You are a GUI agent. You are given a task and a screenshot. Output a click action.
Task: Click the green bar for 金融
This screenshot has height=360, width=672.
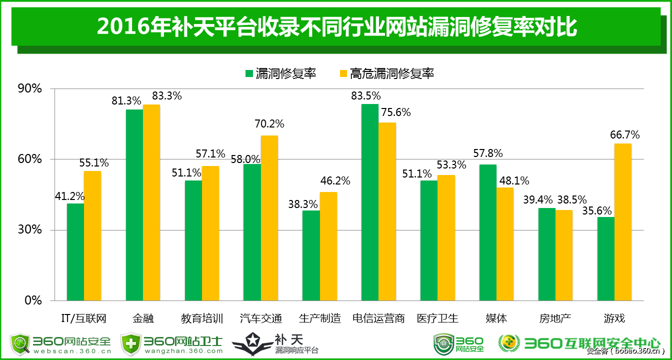134,205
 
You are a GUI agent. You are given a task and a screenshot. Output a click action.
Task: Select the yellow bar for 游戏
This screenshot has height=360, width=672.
623,222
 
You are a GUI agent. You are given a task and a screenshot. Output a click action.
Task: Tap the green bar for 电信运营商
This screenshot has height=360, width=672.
369,202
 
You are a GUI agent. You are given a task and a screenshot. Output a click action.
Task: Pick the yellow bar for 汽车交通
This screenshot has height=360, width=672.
269,218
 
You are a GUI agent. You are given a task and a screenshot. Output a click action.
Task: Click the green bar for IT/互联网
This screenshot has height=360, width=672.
75,252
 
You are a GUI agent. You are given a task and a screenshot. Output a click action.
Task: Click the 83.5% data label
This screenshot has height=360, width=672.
366,95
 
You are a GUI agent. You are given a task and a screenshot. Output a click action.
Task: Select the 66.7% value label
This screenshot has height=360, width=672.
624,135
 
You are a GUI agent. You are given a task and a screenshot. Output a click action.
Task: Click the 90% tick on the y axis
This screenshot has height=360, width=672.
29,89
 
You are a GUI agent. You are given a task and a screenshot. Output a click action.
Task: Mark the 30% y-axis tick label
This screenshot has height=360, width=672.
29,230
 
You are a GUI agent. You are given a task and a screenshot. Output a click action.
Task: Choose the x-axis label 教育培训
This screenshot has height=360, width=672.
202,318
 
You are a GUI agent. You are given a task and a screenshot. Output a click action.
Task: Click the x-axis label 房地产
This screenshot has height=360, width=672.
555,318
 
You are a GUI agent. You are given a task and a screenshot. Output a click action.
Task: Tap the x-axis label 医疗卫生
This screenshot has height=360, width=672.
437,318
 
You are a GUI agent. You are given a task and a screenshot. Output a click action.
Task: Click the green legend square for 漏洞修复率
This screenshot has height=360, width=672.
249,73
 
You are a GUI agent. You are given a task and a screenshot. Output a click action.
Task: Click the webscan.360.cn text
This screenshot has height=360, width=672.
72,351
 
